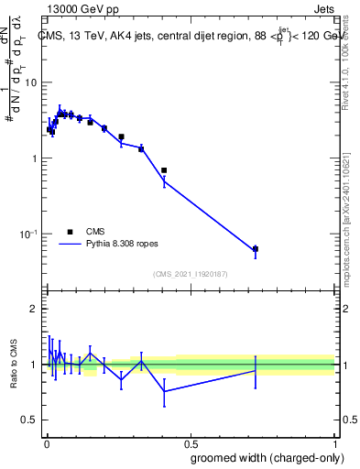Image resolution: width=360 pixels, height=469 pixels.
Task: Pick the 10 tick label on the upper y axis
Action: coord(30,82)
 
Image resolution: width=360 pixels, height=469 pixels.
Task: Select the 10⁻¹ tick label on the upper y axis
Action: coord(27,234)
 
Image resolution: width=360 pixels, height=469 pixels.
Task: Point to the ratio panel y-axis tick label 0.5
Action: coord(30,420)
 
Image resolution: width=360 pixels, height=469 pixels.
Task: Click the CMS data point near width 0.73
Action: coord(256,249)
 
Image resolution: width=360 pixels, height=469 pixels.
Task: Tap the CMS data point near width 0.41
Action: coord(164,170)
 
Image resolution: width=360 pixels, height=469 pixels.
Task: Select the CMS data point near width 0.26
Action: coord(121,136)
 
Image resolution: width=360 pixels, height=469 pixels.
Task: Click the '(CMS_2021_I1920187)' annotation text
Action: coord(190,272)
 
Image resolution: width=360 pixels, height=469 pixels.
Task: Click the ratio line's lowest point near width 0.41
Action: coord(164,391)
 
